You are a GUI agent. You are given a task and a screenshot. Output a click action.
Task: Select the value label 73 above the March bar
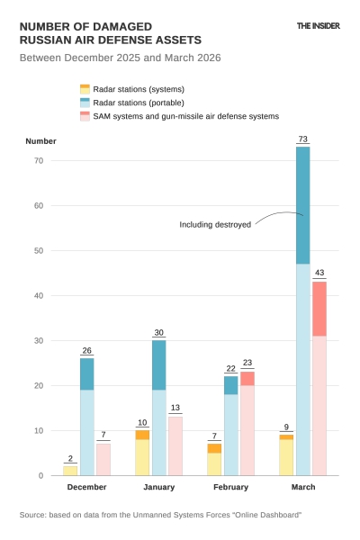303,139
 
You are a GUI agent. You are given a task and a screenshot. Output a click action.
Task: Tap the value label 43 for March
319,273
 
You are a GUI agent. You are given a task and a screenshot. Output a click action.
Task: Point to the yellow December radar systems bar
70,470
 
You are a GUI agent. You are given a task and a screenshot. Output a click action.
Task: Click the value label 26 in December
86,350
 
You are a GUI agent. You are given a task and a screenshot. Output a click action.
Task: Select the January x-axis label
158,487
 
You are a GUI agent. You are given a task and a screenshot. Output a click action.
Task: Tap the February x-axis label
230,487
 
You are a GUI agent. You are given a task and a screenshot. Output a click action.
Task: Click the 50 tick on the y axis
39,250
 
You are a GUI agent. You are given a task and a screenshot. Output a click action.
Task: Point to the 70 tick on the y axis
39,160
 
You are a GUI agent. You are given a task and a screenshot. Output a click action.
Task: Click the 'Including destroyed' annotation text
215,224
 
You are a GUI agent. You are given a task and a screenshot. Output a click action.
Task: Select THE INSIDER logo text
319,26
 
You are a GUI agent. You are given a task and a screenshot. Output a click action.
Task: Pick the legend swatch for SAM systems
85,116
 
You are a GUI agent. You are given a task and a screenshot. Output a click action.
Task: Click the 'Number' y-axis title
40,141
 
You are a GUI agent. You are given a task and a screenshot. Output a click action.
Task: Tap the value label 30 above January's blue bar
158,332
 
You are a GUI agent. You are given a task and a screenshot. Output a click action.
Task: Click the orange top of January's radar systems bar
142,435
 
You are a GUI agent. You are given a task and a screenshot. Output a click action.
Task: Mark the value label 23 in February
247,363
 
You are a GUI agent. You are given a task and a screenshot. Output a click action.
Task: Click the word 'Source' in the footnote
34,515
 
